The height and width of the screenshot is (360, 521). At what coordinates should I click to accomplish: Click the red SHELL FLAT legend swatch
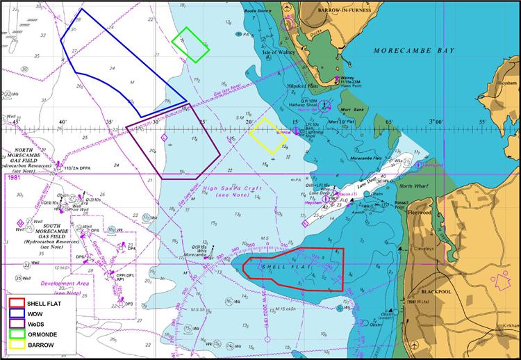[17, 304]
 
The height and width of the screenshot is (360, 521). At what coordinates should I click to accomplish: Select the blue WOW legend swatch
[17, 314]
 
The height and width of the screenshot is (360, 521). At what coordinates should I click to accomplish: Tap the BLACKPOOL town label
[433, 293]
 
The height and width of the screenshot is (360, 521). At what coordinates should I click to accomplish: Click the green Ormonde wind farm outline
[191, 44]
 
